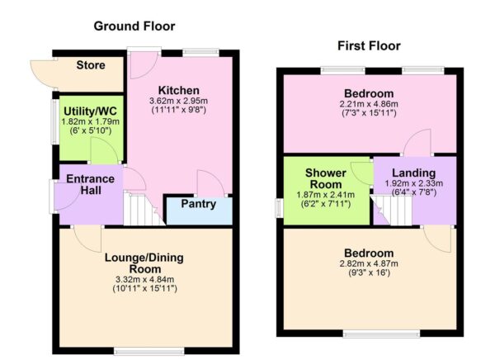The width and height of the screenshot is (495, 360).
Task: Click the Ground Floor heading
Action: coord(134,26)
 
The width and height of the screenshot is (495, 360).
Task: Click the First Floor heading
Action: coord(369,45)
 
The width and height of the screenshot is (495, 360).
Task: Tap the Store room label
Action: coord(91,65)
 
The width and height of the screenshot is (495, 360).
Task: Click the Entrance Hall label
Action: coord(90,186)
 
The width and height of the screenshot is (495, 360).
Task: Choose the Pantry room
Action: coord(198,205)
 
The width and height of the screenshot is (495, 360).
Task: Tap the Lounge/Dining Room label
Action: coord(144,263)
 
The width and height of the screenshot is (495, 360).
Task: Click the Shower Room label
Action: coord(325,178)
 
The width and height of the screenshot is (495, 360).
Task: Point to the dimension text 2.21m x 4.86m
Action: coord(369,104)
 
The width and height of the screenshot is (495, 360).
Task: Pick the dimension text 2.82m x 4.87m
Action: coord(369,263)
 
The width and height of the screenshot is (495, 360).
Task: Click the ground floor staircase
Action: coord(141,210)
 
